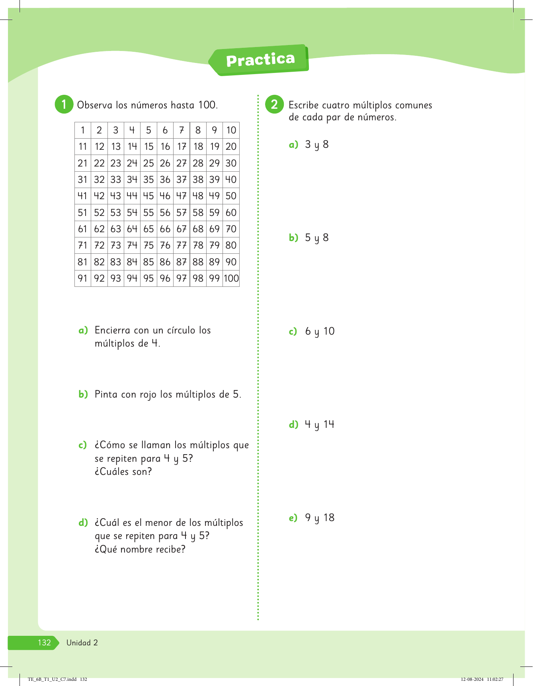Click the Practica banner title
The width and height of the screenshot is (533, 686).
260,60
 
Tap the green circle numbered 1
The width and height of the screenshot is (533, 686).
64,104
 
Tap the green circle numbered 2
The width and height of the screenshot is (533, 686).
274,104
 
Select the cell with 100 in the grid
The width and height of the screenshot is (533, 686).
231,278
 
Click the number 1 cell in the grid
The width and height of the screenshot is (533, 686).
83,130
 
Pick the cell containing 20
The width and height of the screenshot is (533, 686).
231,147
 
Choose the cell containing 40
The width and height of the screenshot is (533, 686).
231,180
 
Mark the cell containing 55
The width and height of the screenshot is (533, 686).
148,213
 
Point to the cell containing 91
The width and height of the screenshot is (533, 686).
83,278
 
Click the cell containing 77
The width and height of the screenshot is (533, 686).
182,245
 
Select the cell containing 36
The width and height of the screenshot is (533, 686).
165,180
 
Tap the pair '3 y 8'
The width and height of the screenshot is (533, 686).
317,145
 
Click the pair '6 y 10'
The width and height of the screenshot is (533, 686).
320,331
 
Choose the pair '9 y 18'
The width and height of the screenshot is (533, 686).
320,518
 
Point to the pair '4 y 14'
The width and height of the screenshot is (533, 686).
320,425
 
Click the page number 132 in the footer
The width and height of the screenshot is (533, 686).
44,643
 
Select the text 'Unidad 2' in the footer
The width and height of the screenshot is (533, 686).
82,643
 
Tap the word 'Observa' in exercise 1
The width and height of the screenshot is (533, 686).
94,105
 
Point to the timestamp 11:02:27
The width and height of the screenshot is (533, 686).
495,679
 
